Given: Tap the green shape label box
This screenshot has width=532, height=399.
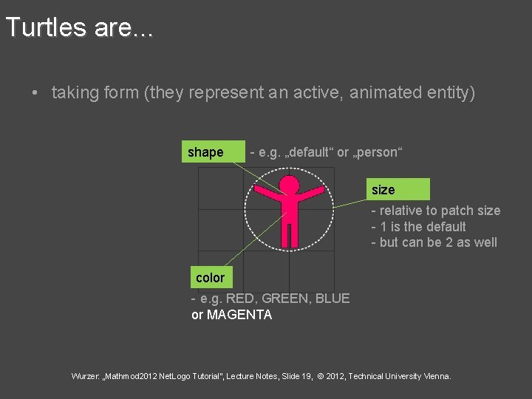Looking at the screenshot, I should pyautogui.click(x=215, y=152).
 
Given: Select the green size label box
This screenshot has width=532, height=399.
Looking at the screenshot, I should pyautogui.click(x=400, y=190).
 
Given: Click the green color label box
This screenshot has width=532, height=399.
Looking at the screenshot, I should pyautogui.click(x=211, y=278).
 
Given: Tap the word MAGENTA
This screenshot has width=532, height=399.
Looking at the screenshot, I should pyautogui.click(x=239, y=315).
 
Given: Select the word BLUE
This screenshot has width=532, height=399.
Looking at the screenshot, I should pyautogui.click(x=332, y=299).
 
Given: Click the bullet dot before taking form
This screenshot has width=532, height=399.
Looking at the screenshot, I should pyautogui.click(x=35, y=93).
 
